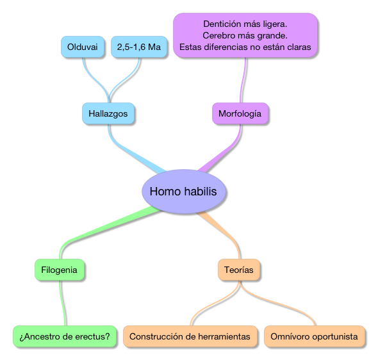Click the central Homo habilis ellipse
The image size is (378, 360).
[184, 192]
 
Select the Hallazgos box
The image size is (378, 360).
[108, 113]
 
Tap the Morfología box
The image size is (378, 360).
[240, 113]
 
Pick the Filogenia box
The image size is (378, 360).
[60, 270]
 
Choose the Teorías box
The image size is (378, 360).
[239, 270]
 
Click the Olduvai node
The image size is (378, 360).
[83, 47]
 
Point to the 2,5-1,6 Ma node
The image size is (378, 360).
[139, 47]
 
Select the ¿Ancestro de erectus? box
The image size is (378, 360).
[65, 336]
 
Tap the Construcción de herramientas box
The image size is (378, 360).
[190, 336]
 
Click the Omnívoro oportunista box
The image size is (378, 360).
[315, 336]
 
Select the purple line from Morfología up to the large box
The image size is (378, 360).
[243, 80]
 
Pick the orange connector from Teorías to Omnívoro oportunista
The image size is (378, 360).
[277, 302]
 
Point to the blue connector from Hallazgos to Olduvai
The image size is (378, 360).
[95, 80]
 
